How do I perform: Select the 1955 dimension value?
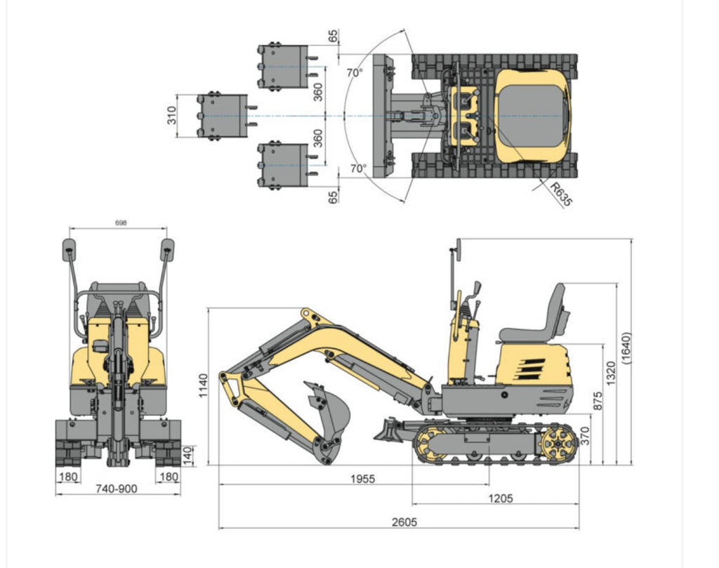click(362, 479)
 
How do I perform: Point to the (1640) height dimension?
click(627, 348)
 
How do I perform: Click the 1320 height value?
click(610, 374)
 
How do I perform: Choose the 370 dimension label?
click(585, 439)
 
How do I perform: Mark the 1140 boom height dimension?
click(204, 386)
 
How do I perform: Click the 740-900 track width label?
click(117, 489)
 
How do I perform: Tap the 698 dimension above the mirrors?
click(119, 223)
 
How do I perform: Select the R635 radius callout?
click(561, 194)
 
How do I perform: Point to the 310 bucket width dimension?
click(172, 117)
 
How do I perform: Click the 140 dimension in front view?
click(187, 454)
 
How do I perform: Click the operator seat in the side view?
click(537, 319)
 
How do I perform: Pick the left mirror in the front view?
click(70, 249)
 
